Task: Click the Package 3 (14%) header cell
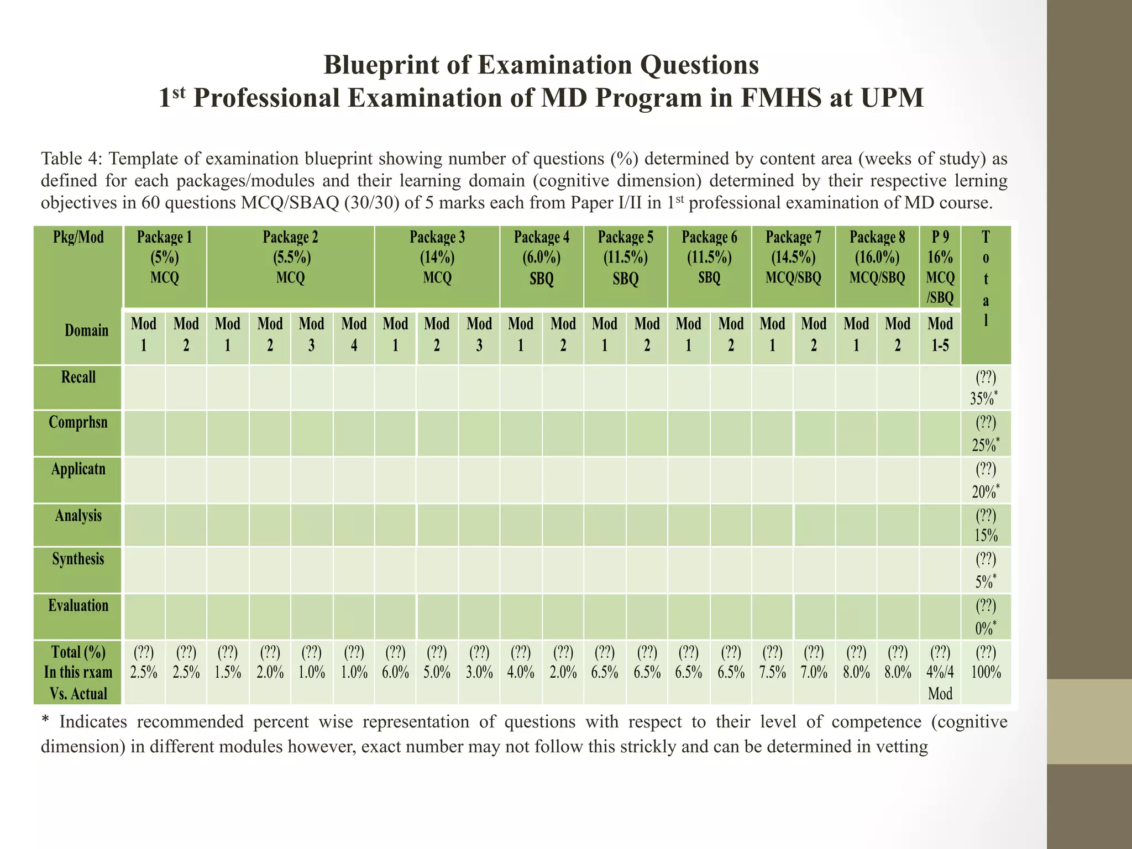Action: pos(437,258)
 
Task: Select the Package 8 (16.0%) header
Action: pos(877,258)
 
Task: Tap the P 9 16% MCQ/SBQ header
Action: pos(940,267)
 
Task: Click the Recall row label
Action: pos(78,378)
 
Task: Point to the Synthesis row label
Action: pos(78,559)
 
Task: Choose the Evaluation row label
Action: pos(78,606)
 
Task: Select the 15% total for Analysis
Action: pos(986,536)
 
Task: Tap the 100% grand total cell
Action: pos(986,673)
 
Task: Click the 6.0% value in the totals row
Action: pos(395,673)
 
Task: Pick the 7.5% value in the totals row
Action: pos(772,673)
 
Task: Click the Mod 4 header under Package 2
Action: pos(354,334)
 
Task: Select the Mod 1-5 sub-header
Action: pos(940,334)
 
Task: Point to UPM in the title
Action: pos(892,98)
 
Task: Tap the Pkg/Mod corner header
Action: pos(78,238)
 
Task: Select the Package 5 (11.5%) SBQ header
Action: pos(625,258)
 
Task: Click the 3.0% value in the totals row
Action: pos(479,673)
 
